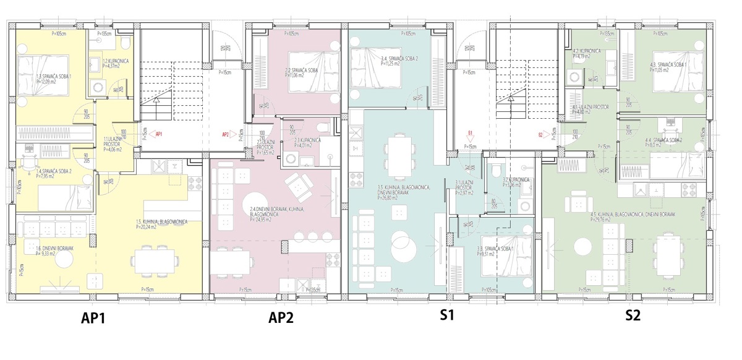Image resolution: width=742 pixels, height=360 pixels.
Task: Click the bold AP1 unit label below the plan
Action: [94, 319]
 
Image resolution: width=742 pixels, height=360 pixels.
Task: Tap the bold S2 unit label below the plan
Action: [633, 315]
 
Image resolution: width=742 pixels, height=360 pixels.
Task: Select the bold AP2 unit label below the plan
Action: [281, 319]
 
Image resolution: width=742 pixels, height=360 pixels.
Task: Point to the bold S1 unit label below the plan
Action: [447, 315]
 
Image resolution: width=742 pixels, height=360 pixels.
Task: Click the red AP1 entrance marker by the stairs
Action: [158, 134]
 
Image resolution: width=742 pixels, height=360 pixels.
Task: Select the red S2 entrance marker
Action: [540, 134]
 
